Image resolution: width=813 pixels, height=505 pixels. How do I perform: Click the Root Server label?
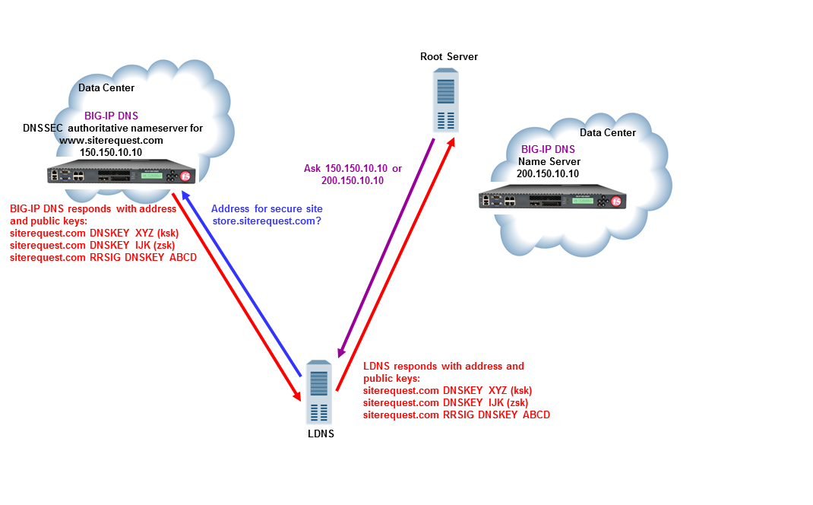point(448,57)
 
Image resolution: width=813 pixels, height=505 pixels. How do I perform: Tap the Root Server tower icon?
point(446,100)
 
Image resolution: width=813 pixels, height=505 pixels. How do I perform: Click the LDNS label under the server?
point(321,434)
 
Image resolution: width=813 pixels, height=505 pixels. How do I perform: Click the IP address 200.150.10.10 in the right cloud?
point(547,173)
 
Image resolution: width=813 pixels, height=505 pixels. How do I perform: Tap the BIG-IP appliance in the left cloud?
point(120,176)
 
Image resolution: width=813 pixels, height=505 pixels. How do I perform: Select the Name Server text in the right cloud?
point(549,161)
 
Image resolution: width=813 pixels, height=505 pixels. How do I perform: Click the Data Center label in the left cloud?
point(106,88)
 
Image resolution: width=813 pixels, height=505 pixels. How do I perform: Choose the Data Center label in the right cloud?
point(608,133)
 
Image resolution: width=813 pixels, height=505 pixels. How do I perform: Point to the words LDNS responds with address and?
point(444,367)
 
